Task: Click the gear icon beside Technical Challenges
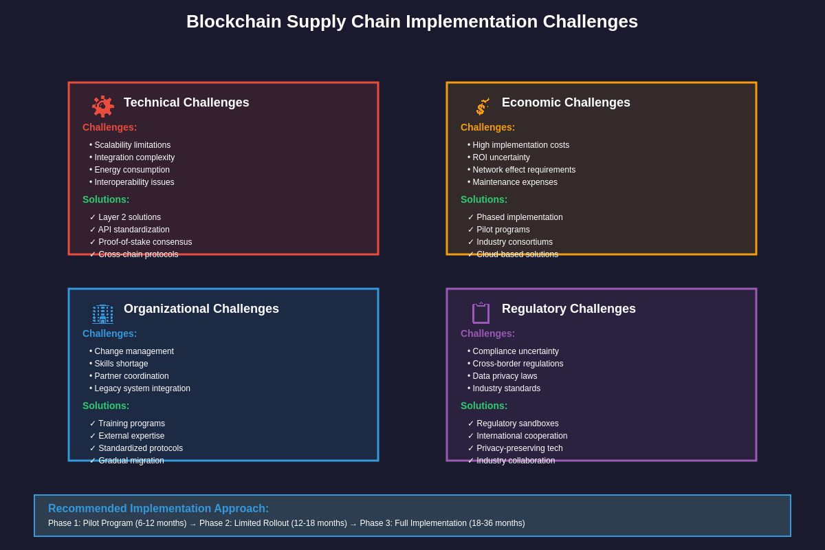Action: click(x=103, y=107)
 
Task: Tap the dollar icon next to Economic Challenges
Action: click(x=482, y=107)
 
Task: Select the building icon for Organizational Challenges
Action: click(x=102, y=313)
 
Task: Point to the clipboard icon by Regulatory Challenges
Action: click(x=481, y=313)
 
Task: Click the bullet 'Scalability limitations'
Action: click(x=130, y=145)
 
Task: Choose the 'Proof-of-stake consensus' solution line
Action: click(x=141, y=242)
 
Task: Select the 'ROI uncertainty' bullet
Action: click(x=499, y=157)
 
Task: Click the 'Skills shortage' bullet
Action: click(x=119, y=364)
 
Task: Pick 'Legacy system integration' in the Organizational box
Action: click(x=140, y=388)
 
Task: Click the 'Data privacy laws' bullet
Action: click(x=503, y=376)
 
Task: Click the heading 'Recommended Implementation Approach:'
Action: click(x=158, y=509)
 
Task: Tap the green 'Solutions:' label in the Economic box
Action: click(x=484, y=199)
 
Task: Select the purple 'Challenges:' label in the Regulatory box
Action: click(x=487, y=333)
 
